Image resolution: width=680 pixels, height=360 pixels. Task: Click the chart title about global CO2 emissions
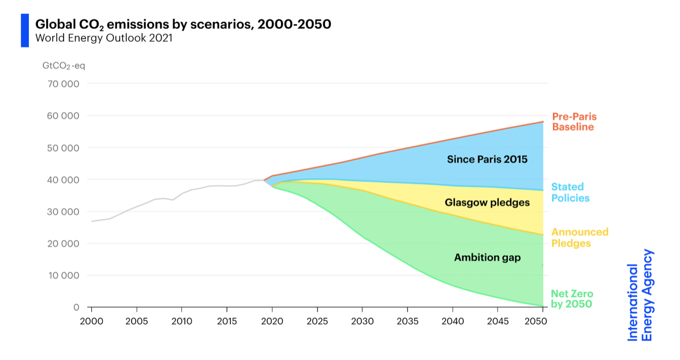183,25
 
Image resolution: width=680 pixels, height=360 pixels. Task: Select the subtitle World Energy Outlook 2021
104,39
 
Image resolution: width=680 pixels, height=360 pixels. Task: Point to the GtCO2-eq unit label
63,66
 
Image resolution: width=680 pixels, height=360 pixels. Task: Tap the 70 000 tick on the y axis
63,84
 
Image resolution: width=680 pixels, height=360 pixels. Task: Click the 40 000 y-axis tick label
63,179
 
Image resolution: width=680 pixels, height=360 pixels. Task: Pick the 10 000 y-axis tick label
63,275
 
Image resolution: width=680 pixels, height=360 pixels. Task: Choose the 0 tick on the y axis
76,307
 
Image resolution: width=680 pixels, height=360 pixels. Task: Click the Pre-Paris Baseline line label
574,122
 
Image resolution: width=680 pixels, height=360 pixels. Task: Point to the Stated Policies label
570,193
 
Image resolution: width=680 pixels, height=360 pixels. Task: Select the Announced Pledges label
580,238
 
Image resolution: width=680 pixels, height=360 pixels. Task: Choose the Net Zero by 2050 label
571,299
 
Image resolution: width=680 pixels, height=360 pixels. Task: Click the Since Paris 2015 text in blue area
487,159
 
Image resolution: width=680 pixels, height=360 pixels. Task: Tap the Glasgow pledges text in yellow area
487,202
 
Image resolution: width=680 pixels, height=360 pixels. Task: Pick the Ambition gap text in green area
487,258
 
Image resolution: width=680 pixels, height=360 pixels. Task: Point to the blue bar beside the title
25,31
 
